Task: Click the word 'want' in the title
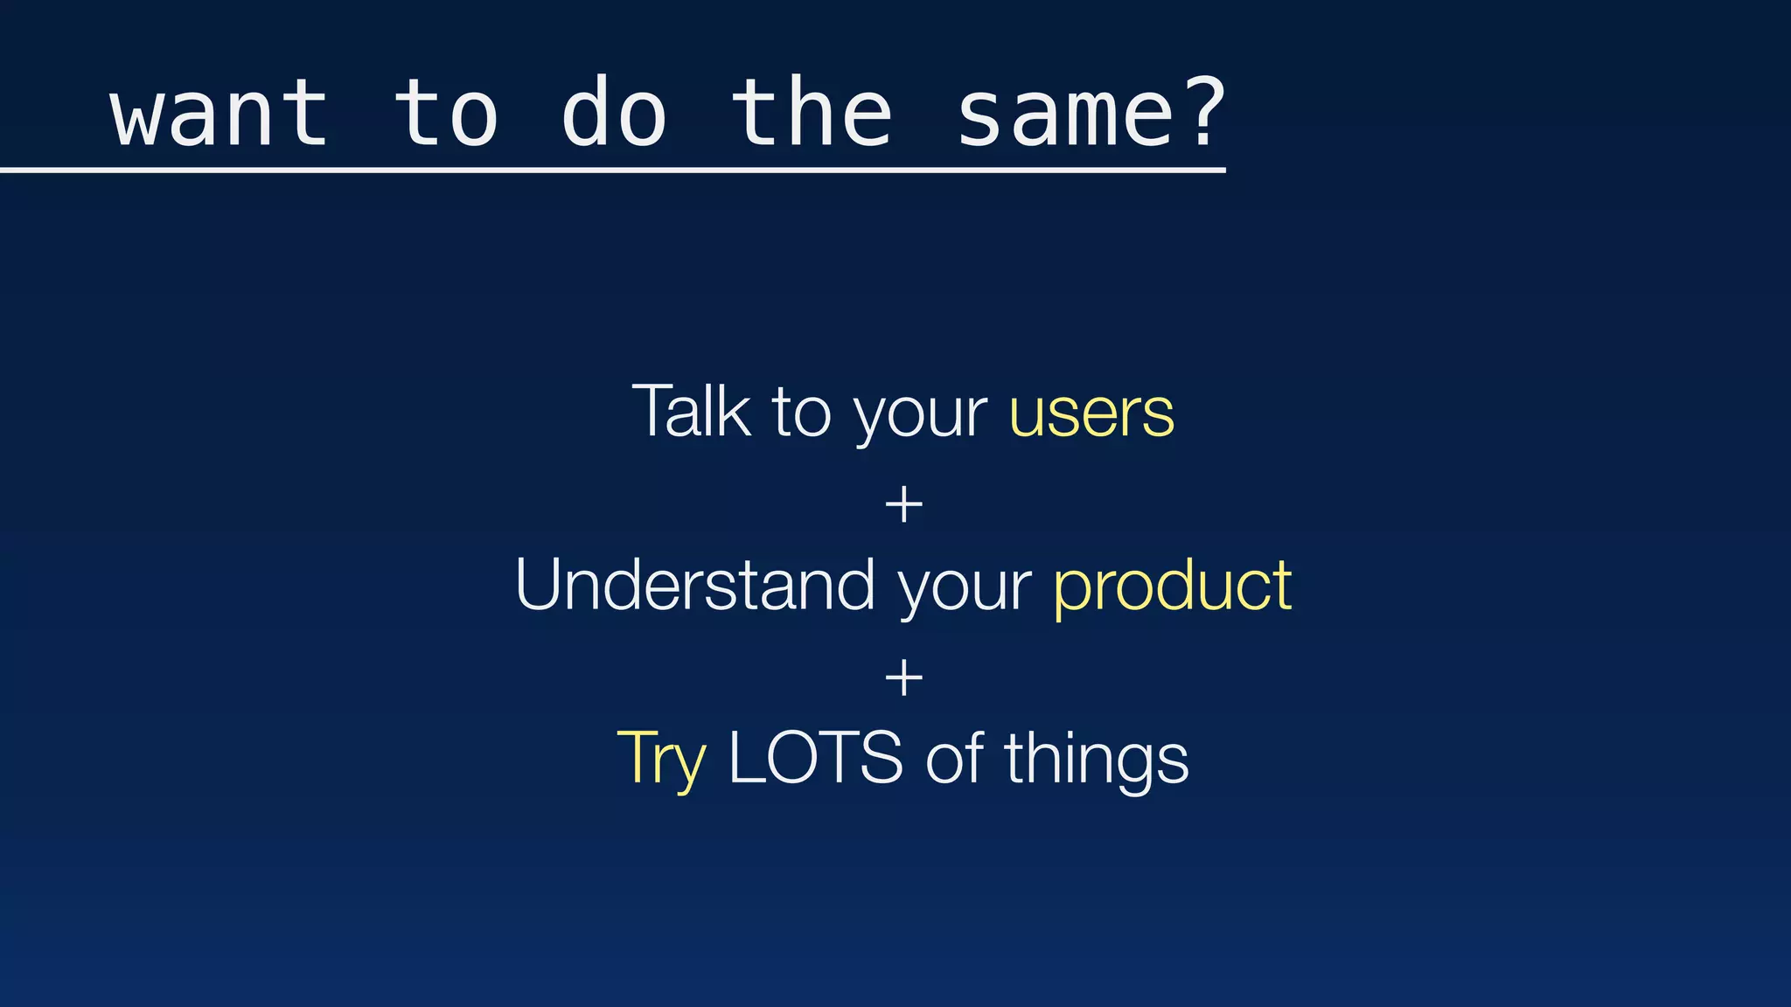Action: point(220,115)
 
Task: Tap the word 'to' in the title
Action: point(446,115)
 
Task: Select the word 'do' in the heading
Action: point(614,115)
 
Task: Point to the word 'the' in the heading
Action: point(812,115)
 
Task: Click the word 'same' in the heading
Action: point(1066,115)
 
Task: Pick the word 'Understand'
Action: point(695,585)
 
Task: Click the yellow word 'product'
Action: point(1173,587)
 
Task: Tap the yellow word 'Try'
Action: point(661,760)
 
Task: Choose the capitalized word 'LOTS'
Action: point(815,758)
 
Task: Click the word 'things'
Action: point(1096,760)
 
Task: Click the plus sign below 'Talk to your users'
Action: point(903,506)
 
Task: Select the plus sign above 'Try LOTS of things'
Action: point(903,678)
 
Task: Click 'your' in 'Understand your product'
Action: point(965,590)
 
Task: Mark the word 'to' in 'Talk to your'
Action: point(800,413)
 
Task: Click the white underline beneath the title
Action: point(612,170)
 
